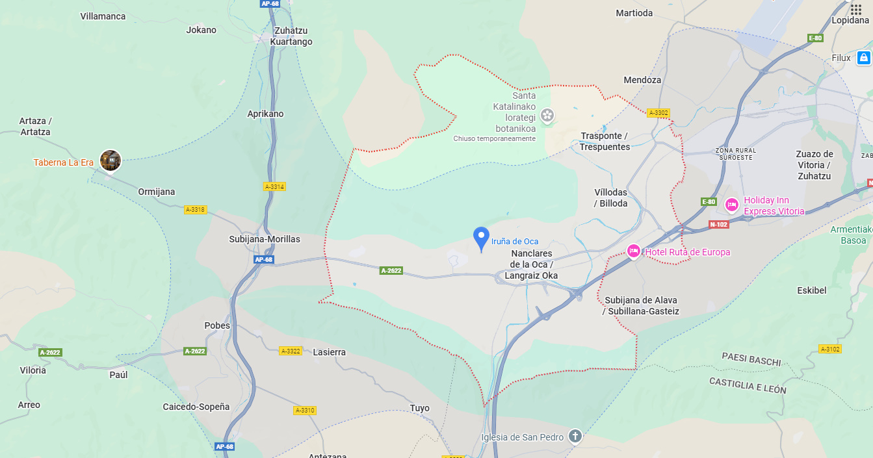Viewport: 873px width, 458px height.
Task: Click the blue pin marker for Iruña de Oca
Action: [x=481, y=238]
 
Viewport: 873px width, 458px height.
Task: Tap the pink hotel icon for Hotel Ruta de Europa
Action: [x=634, y=251]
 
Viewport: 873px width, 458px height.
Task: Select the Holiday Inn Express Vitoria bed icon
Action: [x=732, y=205]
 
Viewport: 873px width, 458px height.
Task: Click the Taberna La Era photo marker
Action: [x=111, y=160]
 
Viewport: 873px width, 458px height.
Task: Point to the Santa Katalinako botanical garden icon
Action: [x=547, y=116]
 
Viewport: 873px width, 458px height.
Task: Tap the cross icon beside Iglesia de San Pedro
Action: [x=575, y=436]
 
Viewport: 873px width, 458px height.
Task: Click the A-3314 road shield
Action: [x=274, y=186]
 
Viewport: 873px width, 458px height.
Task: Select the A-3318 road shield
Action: [x=195, y=210]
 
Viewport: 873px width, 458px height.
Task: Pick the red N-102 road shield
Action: [x=718, y=224]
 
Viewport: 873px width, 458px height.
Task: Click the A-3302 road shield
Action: [x=658, y=113]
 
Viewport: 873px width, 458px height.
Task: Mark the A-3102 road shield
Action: [x=830, y=349]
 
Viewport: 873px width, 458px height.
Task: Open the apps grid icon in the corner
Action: [x=856, y=9]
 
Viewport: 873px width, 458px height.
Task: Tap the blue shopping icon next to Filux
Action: [x=863, y=58]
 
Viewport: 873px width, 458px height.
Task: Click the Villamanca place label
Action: [x=103, y=16]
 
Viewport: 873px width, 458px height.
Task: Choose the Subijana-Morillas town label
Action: [x=265, y=239]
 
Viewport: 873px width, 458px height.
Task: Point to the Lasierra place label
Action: [x=329, y=352]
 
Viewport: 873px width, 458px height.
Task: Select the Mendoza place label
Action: [x=642, y=80]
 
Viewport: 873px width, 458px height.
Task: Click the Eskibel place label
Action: [x=811, y=290]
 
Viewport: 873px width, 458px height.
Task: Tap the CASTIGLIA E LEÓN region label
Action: [x=748, y=385]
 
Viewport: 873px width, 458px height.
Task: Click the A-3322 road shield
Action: [x=291, y=351]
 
